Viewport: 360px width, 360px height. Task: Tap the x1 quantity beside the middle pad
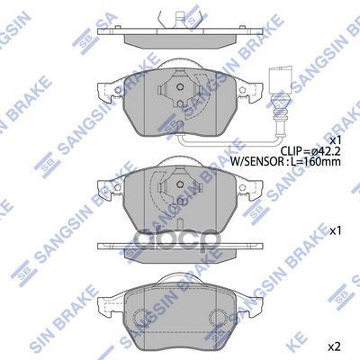tap(336, 231)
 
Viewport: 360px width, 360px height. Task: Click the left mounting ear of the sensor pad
tap(101, 90)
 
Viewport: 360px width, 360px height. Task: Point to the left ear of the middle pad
tap(101, 186)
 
